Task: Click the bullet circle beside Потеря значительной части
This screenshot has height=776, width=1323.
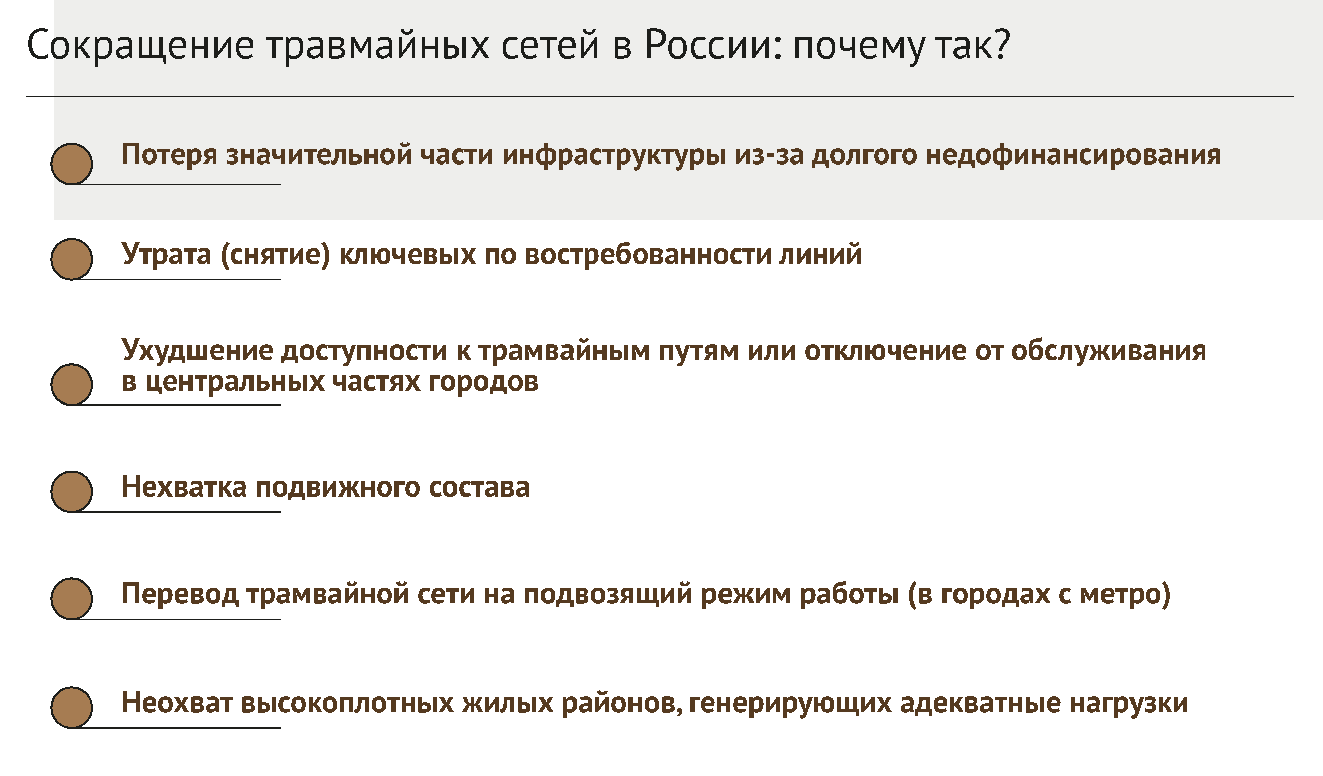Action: pos(72,164)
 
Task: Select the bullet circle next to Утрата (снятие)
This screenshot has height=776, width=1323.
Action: pos(72,259)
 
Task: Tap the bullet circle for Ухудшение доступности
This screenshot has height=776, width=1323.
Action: pos(72,384)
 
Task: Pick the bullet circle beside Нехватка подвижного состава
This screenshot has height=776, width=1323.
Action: pos(72,491)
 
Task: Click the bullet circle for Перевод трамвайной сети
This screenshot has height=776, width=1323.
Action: pos(72,599)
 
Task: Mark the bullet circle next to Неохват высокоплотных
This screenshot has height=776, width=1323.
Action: pos(72,707)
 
